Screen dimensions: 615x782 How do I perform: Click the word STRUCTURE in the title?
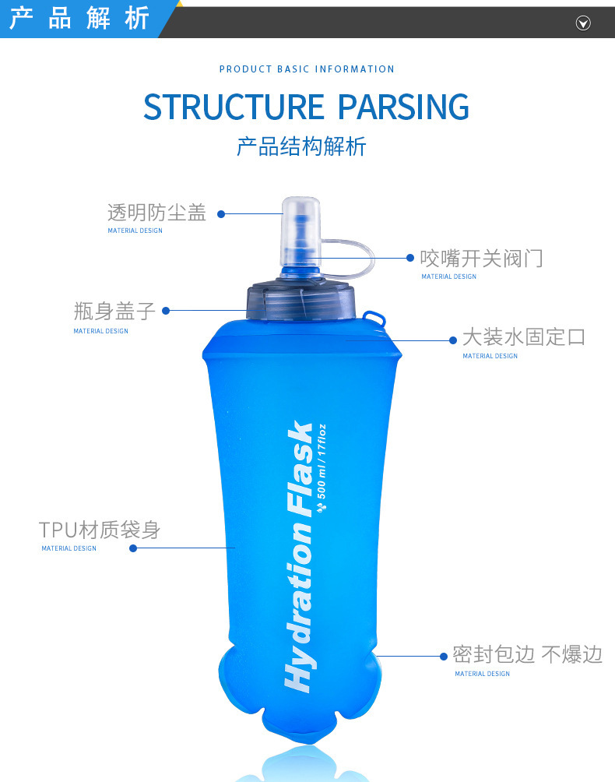tap(234, 107)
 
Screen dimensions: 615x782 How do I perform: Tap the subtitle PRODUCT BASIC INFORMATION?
tap(307, 69)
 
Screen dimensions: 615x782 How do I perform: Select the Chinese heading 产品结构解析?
tap(301, 146)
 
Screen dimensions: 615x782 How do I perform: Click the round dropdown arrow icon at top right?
tap(583, 23)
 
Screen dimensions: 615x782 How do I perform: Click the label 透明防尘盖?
tap(156, 213)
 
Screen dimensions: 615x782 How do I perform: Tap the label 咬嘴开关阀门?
tap(481, 258)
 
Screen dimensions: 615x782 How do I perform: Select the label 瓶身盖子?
tap(114, 312)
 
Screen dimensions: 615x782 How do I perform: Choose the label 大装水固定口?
tap(523, 337)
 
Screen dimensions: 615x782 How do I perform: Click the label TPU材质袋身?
tap(100, 530)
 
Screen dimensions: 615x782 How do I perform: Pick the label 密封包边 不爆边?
tap(527, 654)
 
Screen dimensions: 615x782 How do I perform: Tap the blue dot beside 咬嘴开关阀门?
tap(411, 258)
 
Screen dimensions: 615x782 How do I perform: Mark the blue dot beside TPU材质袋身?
tap(133, 548)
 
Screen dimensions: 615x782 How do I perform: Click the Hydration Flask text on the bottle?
tap(300, 557)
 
